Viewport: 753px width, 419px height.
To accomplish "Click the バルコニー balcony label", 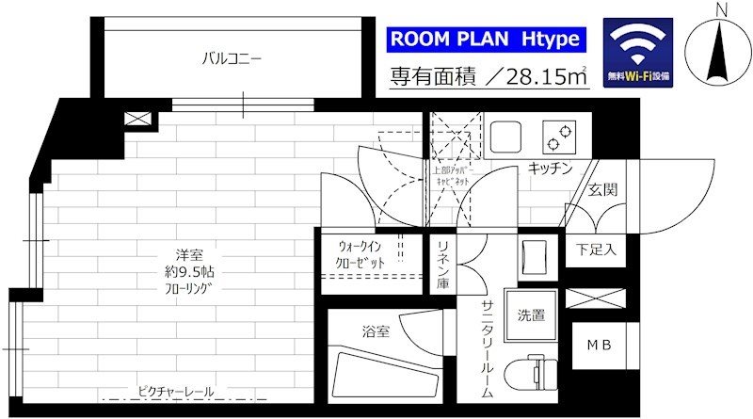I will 231,58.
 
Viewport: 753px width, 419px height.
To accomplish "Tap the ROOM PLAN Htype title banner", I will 487,40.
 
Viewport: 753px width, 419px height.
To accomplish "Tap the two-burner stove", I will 558,137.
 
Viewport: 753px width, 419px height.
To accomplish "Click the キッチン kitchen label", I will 549,169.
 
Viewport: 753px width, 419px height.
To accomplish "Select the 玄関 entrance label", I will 602,189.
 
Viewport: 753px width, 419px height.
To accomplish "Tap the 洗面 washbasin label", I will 530,315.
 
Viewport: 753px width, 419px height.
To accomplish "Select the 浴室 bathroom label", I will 376,330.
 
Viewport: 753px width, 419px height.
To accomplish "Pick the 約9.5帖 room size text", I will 182,271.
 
